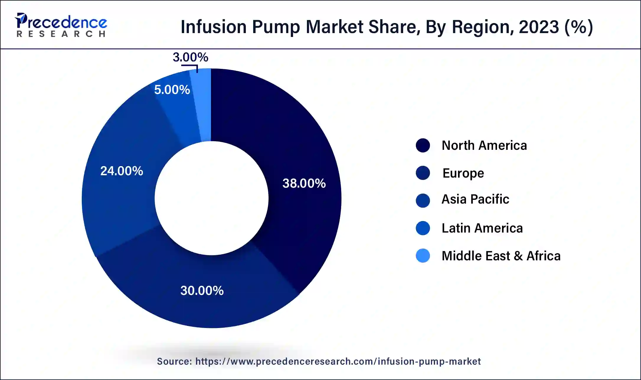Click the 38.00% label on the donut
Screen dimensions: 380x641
pos(304,183)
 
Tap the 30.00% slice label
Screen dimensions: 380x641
pos(202,291)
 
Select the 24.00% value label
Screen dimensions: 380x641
pos(122,171)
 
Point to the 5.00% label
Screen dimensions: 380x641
pos(172,90)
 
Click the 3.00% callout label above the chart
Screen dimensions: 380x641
pos(190,57)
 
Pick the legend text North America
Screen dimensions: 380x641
pos(484,145)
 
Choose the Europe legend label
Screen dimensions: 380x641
pos(463,173)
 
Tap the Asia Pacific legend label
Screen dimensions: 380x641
pos(475,199)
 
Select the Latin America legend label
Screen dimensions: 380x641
pos(482,228)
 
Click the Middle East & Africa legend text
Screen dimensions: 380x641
pos(501,256)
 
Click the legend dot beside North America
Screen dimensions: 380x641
pos(423,145)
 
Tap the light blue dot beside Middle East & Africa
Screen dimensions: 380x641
pos(423,256)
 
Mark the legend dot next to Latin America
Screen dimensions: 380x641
pos(423,228)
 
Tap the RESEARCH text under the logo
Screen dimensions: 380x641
pos(61,34)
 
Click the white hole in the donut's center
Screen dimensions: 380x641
pos(211,198)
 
